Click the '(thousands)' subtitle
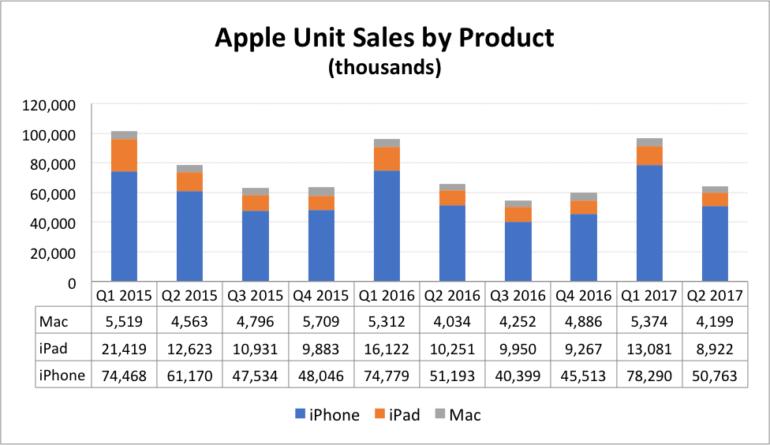pos(384,68)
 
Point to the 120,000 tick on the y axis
pos(50,105)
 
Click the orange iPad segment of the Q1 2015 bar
pos(125,155)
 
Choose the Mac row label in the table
pos(51,321)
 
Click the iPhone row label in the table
pos(62,376)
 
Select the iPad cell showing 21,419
pos(124,349)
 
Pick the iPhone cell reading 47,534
pos(255,376)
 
